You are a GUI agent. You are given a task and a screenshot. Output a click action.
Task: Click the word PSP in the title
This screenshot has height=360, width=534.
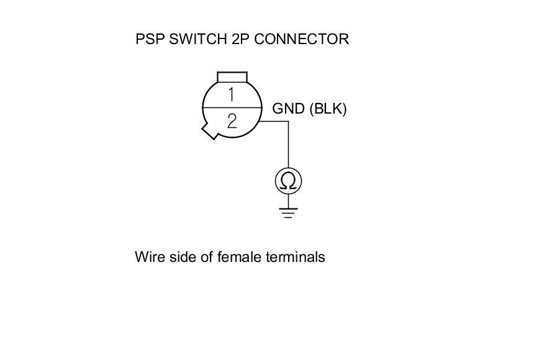pyautogui.click(x=149, y=39)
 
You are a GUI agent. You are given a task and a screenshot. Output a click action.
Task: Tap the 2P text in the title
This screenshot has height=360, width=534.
pyautogui.click(x=239, y=39)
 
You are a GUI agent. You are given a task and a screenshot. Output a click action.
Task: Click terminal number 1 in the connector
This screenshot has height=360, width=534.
pyautogui.click(x=231, y=95)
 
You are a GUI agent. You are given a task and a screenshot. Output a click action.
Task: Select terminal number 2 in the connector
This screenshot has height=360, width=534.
pyautogui.click(x=232, y=120)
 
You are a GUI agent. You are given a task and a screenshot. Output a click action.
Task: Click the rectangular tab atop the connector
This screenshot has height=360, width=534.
pyautogui.click(x=232, y=77)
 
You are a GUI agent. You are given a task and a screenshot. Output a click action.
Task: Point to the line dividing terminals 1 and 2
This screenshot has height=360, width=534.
pyautogui.click(x=232, y=108)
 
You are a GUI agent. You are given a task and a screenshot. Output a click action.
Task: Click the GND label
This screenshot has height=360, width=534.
pyautogui.click(x=288, y=109)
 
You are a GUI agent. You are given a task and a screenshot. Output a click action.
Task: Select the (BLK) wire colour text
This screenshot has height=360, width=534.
pyautogui.click(x=327, y=109)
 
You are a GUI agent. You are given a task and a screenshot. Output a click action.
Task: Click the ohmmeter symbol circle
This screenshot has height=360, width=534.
pyautogui.click(x=288, y=181)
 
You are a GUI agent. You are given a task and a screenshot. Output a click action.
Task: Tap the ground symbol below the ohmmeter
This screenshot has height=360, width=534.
pyautogui.click(x=288, y=213)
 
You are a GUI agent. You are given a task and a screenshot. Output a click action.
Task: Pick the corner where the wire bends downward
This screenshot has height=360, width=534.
pyautogui.click(x=288, y=122)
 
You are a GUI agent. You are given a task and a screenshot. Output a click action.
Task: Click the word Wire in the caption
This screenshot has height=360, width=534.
pyautogui.click(x=149, y=257)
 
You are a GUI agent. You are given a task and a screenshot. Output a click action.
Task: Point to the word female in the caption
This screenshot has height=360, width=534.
pyautogui.click(x=239, y=257)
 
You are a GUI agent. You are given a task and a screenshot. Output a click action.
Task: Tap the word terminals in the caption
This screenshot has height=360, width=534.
pyautogui.click(x=295, y=257)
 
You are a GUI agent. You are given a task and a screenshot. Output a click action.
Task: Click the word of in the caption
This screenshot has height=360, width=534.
pyautogui.click(x=207, y=257)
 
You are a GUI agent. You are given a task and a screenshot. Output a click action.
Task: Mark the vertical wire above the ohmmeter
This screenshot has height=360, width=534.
pyautogui.click(x=288, y=146)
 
